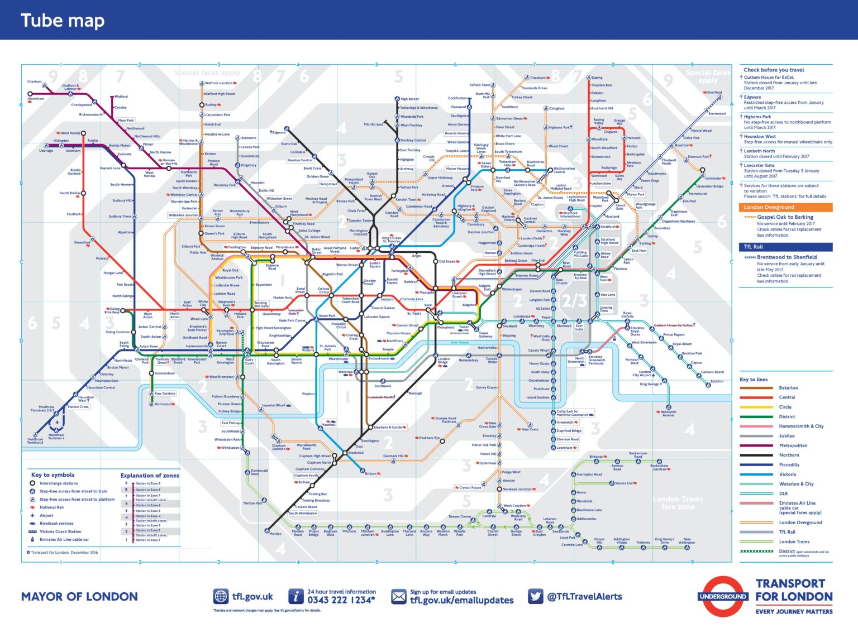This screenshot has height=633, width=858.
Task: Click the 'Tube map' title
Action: (x=63, y=21)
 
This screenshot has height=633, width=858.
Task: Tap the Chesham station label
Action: (x=34, y=81)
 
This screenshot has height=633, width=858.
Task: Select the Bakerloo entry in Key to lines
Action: (x=788, y=387)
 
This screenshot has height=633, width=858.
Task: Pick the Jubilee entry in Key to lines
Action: (x=786, y=436)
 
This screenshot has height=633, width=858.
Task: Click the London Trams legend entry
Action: (x=794, y=541)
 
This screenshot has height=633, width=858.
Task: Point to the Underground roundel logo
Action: (x=723, y=596)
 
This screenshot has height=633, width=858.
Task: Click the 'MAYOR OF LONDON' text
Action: (x=79, y=597)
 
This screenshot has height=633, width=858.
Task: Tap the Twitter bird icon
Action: (x=535, y=596)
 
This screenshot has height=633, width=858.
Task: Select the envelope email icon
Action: (x=399, y=597)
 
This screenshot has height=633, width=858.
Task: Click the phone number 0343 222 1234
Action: (x=341, y=600)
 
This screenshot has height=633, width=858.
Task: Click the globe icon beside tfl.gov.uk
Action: (x=221, y=596)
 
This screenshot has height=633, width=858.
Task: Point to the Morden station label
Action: (x=275, y=534)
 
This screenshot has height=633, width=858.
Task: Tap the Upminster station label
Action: (x=712, y=179)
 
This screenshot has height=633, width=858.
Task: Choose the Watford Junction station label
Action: (x=218, y=83)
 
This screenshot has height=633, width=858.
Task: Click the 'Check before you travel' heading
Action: (x=774, y=70)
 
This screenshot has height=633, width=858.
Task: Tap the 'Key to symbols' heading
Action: (x=53, y=474)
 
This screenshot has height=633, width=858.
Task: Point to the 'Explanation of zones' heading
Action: (x=150, y=476)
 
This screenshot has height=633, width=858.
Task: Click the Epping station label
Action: (x=597, y=78)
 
